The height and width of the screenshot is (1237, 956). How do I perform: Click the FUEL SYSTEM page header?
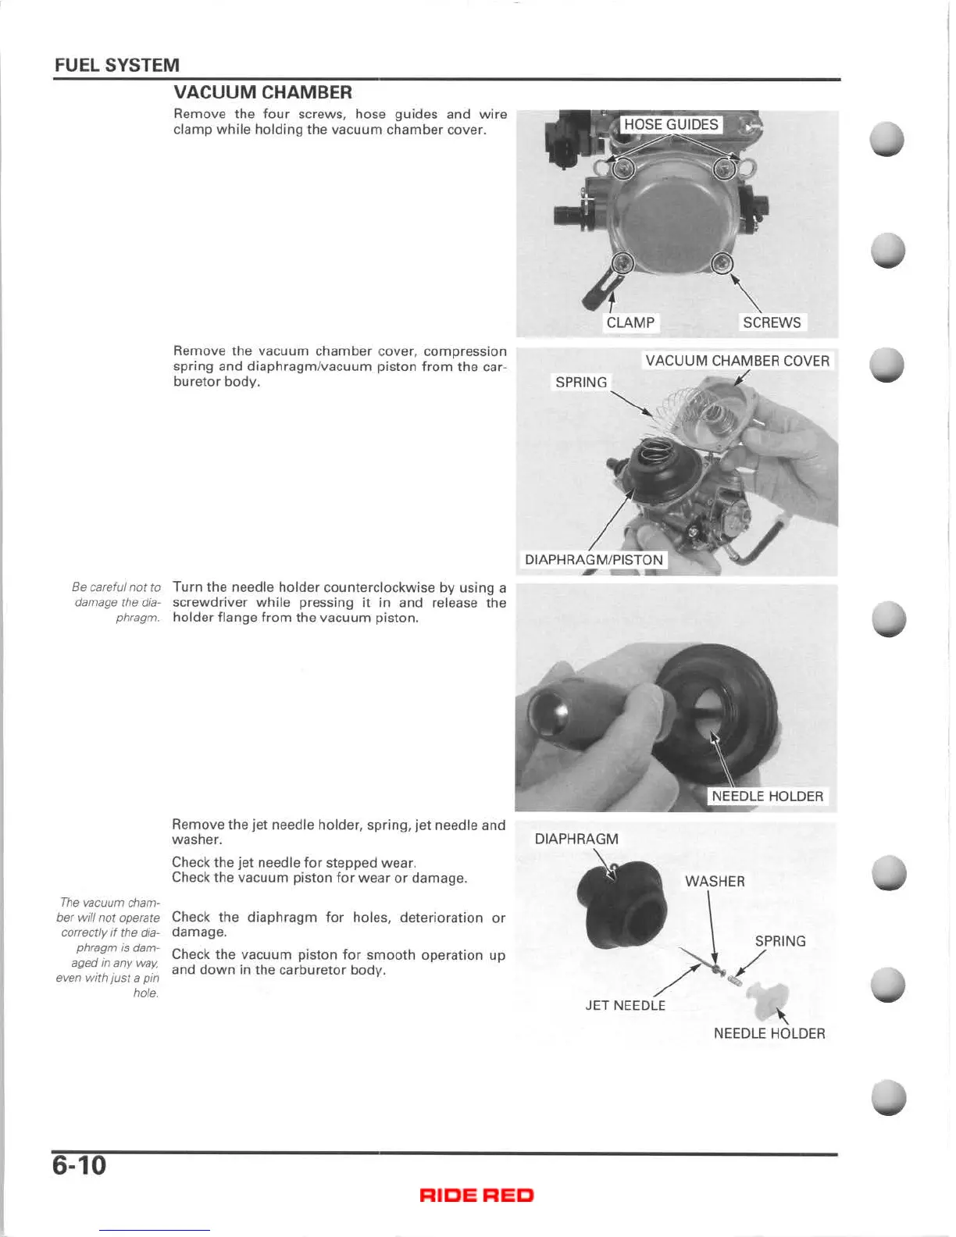pyautogui.click(x=116, y=65)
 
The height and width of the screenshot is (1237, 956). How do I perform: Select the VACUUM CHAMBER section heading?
pyautogui.click(x=262, y=92)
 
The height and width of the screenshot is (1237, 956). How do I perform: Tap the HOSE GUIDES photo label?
pyautogui.click(x=671, y=125)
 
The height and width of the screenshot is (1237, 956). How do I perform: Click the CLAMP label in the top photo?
pyautogui.click(x=630, y=323)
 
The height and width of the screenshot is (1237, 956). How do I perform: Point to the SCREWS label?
pyautogui.click(x=771, y=323)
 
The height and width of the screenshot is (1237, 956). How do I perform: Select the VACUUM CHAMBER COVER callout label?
pyautogui.click(x=737, y=361)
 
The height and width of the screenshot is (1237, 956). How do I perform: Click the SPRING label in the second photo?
pyautogui.click(x=580, y=382)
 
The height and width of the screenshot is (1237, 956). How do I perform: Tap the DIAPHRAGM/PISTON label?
pyautogui.click(x=594, y=560)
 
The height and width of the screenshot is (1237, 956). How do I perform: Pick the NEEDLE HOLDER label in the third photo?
pyautogui.click(x=767, y=796)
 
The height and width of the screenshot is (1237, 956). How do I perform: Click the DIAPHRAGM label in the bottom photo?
pyautogui.click(x=576, y=839)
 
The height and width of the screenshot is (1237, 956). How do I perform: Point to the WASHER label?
pyautogui.click(x=715, y=881)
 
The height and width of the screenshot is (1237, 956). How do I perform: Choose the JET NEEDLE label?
pyautogui.click(x=626, y=1005)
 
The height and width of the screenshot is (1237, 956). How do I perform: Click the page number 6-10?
pyautogui.click(x=79, y=1166)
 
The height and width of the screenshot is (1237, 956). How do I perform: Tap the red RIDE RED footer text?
pyautogui.click(x=476, y=1195)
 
